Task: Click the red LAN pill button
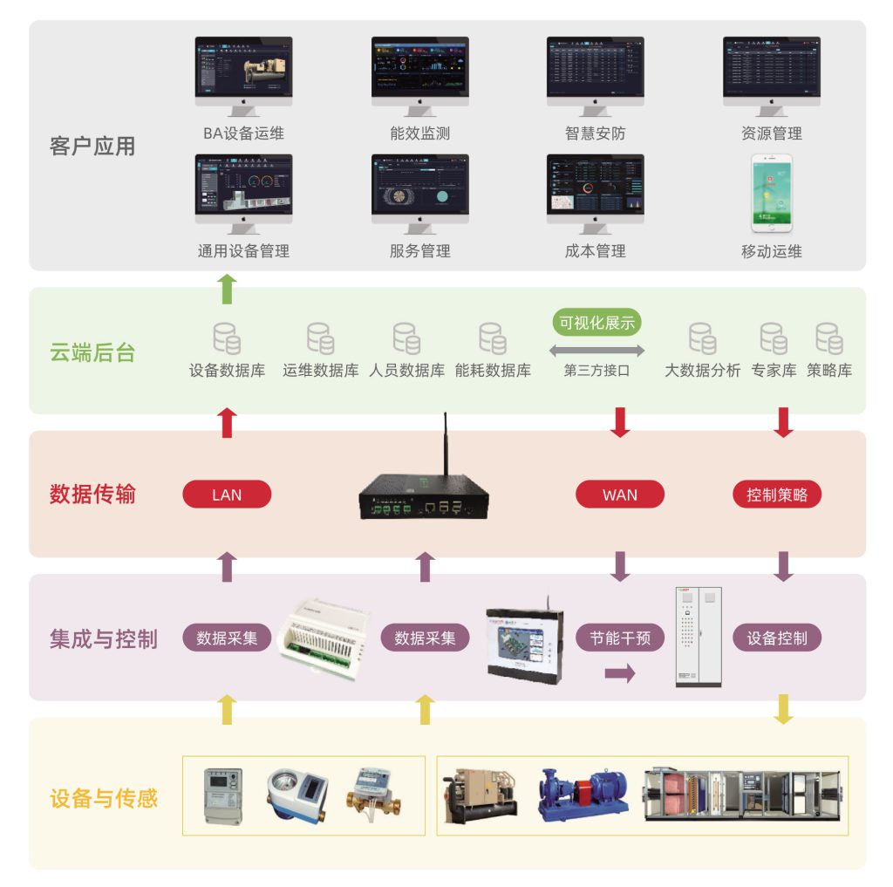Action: tap(227, 495)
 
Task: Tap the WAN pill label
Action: tap(620, 495)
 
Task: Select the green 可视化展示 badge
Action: tap(597, 323)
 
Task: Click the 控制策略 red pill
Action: tap(777, 495)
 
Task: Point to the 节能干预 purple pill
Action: tap(620, 638)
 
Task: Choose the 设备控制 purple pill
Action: tap(777, 638)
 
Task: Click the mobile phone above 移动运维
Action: tap(773, 194)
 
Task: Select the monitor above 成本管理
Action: tap(596, 188)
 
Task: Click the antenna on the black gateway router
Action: tap(446, 445)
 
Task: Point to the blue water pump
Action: tap(583, 794)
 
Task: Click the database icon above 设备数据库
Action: tap(227, 338)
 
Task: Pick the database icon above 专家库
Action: tap(773, 338)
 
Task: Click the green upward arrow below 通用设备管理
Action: tap(227, 289)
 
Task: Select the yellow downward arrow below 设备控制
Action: tap(784, 708)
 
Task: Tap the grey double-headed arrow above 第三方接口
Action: tap(597, 351)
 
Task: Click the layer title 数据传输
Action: tap(92, 495)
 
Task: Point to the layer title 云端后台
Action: tap(92, 352)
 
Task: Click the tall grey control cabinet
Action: tap(699, 636)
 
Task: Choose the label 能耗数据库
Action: tap(493, 370)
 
